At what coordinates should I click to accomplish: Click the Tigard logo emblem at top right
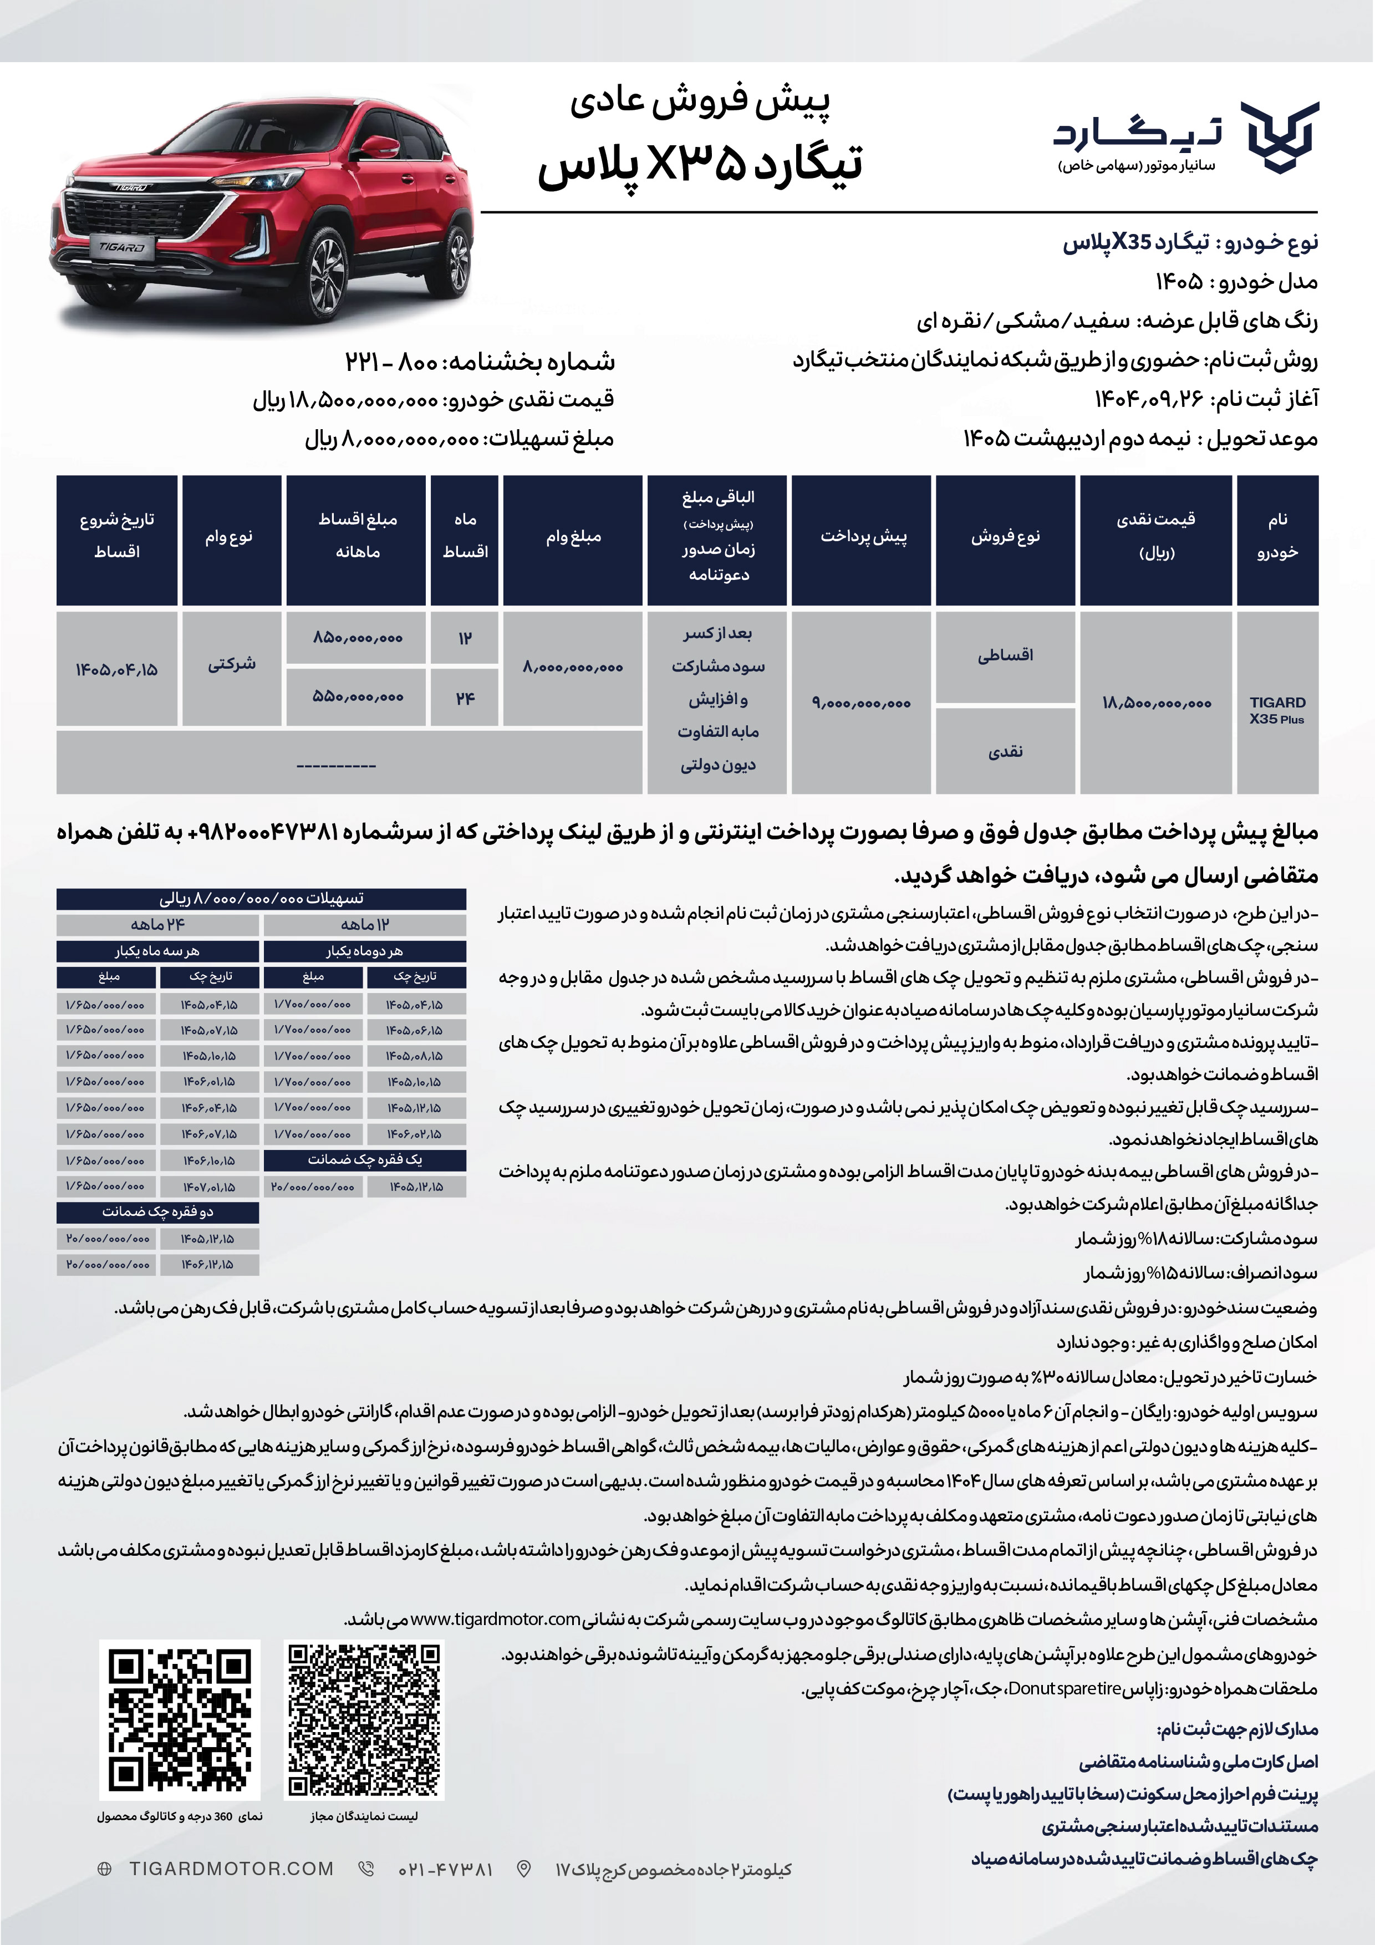(x=1279, y=138)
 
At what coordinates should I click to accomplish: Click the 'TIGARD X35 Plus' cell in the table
(x=1277, y=710)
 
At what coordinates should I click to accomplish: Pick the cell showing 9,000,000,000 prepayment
(x=860, y=703)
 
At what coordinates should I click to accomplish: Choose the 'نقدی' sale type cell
(x=1005, y=751)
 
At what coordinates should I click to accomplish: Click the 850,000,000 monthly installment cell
(x=357, y=638)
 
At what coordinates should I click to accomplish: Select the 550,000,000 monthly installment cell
(x=357, y=697)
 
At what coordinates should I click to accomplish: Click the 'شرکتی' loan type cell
(x=231, y=664)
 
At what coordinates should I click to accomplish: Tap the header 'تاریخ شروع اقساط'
(x=117, y=536)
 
